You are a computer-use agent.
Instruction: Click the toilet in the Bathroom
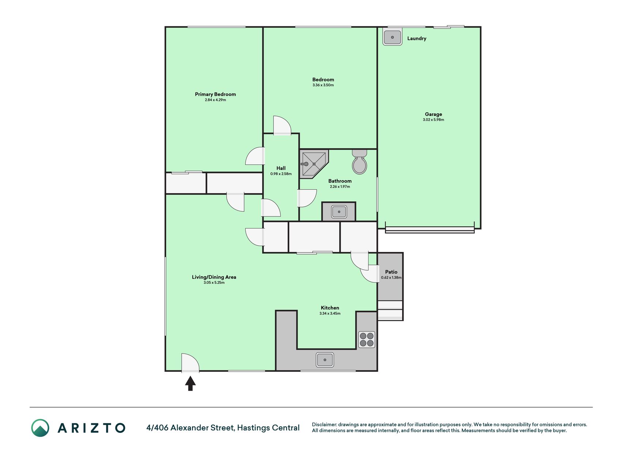tap(359, 162)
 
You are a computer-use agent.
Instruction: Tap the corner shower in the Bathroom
tap(313, 164)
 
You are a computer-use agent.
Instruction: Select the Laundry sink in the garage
tap(392, 37)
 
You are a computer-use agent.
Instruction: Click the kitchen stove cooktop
tap(366, 339)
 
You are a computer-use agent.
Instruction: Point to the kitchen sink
tap(325, 360)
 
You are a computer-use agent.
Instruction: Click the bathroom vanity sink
tap(339, 212)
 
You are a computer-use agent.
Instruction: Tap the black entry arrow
tap(190, 384)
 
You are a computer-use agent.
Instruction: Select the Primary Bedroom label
tap(215, 94)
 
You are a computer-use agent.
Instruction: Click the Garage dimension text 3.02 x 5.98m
tap(434, 120)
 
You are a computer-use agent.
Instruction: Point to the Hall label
tap(281, 168)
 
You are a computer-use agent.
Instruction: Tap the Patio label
tap(391, 272)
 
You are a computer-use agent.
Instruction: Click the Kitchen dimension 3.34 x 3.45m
tap(330, 313)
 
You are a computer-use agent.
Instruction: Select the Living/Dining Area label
tap(214, 277)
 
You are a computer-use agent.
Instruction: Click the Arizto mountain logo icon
tap(40, 428)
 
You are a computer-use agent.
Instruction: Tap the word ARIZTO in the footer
tap(91, 428)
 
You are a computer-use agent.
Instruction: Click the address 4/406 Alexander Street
tap(190, 427)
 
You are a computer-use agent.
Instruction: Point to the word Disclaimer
tap(324, 424)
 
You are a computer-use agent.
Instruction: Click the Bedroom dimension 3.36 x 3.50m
tap(323, 85)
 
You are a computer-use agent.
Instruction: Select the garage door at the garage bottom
tap(430, 230)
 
